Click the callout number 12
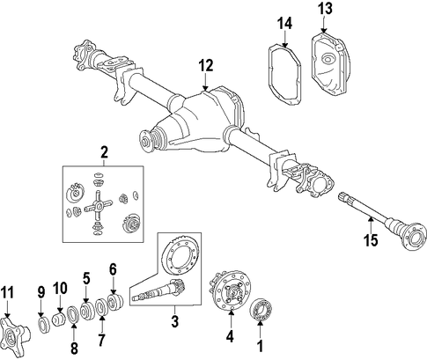pos(205,66)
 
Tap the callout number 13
pos(325,9)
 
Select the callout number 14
pos(285,24)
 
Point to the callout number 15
pos(371,240)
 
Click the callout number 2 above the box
pos(104,152)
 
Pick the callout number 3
pos(175,321)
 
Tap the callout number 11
pos(8,292)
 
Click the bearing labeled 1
pos(262,309)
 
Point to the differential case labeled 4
pos(231,291)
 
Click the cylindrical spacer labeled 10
pos(59,320)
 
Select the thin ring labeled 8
pos(74,315)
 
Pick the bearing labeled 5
pos(88,312)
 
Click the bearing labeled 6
pos(115,302)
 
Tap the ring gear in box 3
pos(180,257)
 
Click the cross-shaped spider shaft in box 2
pos(98,206)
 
